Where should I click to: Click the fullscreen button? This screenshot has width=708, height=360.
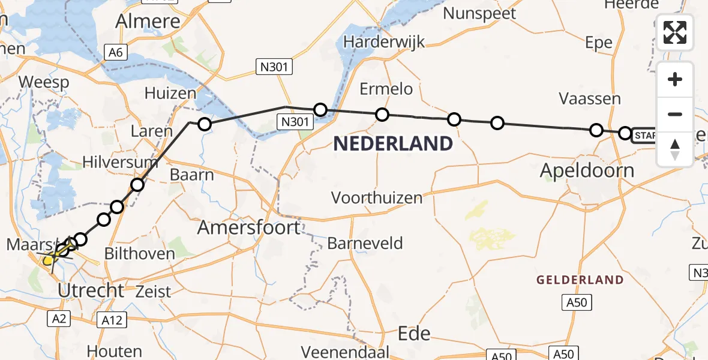point(675,32)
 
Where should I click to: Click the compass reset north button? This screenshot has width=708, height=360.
point(675,149)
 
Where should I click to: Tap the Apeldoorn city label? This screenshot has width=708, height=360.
point(587,171)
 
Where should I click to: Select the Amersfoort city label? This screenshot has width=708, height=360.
point(249,227)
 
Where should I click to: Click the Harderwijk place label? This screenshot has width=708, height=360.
point(385,42)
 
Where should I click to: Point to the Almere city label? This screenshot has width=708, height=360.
point(148,22)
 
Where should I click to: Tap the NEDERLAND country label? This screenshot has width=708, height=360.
point(393,144)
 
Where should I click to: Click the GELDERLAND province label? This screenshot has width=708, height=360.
point(580,280)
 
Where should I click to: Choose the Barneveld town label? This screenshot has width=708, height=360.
point(365,244)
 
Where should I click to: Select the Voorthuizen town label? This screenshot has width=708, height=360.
point(377,198)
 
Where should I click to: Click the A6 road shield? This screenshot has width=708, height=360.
point(115,53)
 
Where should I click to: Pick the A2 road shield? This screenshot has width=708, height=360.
point(59,319)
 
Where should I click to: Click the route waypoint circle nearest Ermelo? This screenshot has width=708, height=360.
point(382,115)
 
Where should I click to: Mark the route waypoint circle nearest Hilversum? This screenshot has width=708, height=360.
point(137,184)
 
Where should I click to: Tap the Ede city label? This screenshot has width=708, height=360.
point(415,333)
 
